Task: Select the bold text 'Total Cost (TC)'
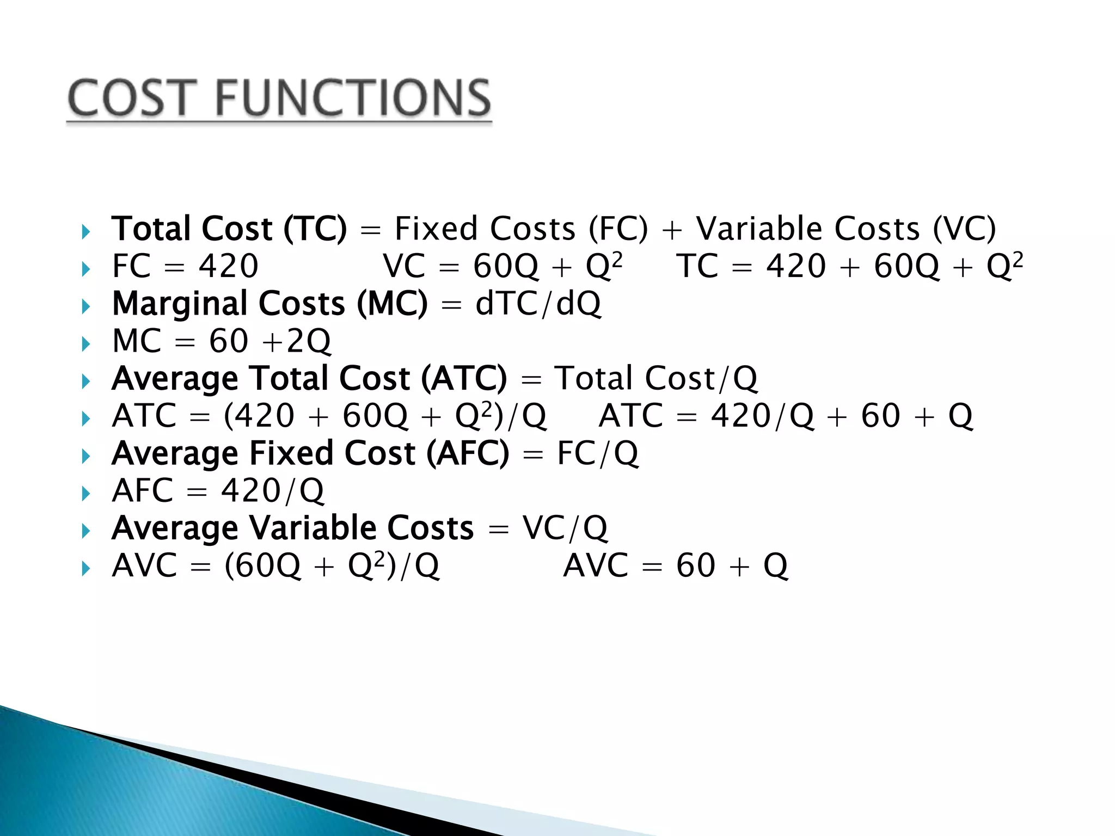coord(229,229)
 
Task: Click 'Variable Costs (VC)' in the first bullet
coord(846,229)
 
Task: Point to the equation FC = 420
coord(185,266)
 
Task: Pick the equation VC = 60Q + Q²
coord(503,266)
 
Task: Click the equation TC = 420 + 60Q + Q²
coord(850,266)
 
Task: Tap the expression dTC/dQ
coord(538,304)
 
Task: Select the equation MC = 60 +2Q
coord(221,341)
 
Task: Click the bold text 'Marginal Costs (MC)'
coord(270,304)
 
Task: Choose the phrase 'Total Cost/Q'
coord(655,378)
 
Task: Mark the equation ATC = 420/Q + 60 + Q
coord(786,416)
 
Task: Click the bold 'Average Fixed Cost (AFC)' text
coord(310,453)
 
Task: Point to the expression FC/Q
coord(597,453)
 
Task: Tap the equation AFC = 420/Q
coord(218,491)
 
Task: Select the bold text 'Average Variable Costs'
coord(293,528)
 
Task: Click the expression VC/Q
coord(565,528)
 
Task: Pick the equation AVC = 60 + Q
coord(675,565)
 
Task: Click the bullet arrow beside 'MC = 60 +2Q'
coord(85,344)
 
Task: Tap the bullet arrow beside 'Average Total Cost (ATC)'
coord(85,381)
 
